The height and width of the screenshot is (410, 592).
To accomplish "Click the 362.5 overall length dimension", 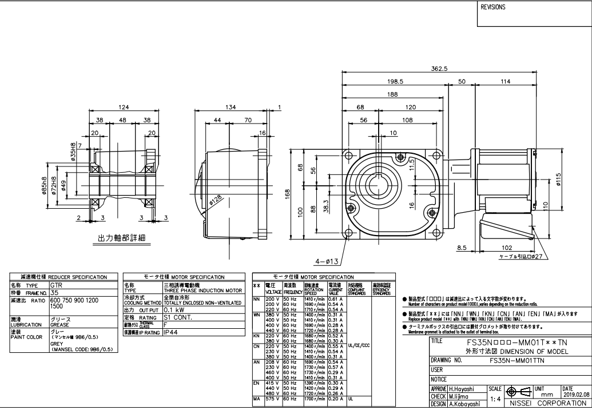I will [439, 69].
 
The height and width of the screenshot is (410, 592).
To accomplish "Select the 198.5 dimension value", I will [395, 82].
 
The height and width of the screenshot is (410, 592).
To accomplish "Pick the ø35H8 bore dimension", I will [74, 151].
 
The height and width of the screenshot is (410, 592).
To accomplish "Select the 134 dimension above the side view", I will [231, 107].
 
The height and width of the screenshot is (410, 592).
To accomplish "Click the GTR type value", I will [57, 284].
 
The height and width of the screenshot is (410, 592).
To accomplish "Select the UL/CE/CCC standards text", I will [359, 345].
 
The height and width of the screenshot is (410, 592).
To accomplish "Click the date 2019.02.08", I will [576, 394].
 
